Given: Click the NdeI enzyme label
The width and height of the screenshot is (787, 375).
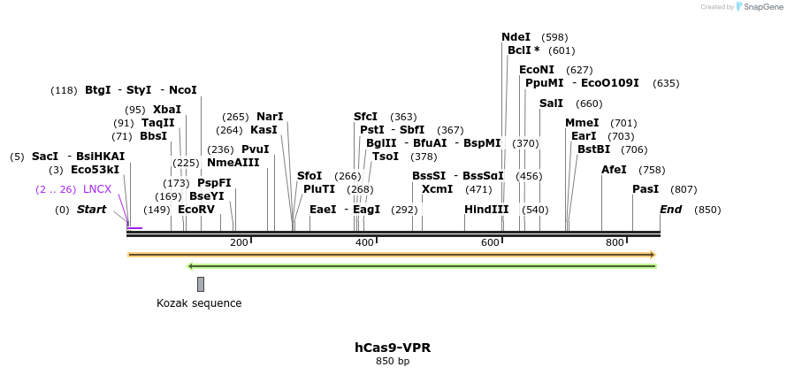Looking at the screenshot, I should click(516, 37).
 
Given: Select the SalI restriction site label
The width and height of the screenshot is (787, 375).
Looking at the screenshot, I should click(551, 103).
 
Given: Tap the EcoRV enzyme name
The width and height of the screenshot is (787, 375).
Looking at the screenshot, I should click(196, 210).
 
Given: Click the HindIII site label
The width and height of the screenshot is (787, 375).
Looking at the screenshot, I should click(486, 210).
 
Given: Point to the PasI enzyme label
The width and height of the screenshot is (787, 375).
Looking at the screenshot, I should click(646, 189).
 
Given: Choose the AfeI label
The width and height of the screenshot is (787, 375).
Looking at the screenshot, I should click(614, 170).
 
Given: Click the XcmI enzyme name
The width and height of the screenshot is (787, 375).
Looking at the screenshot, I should click(437, 189).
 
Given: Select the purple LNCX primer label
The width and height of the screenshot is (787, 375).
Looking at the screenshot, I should click(97, 189).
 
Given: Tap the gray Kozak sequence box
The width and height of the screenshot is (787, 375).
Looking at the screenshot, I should click(201, 284).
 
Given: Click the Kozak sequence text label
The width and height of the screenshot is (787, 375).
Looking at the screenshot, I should click(199, 303).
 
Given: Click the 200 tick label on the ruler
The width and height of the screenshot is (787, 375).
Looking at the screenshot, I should click(239, 242).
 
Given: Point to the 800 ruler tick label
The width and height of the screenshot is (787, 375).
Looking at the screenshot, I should click(615, 242).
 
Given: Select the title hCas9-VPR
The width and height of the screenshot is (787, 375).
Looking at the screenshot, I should click(393, 348).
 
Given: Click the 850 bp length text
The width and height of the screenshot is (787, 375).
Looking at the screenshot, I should click(393, 361).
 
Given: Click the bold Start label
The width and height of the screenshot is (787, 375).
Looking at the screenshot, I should click(91, 210).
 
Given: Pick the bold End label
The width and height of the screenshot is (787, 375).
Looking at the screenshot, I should click(671, 210).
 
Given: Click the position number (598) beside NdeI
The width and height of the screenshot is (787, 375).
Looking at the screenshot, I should click(554, 37).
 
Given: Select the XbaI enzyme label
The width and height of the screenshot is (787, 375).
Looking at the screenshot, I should click(167, 110).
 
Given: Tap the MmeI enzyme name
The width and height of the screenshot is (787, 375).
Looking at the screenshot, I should click(582, 123).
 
